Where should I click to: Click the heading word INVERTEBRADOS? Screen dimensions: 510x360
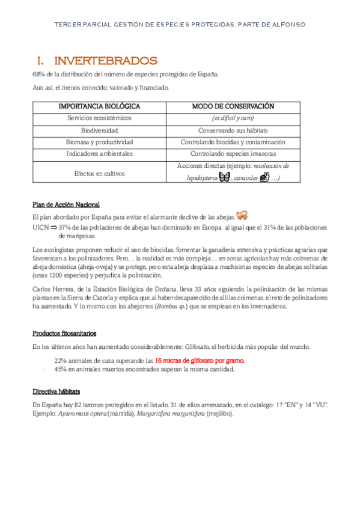click(x=106, y=61)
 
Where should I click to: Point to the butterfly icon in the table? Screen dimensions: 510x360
click(x=225, y=177)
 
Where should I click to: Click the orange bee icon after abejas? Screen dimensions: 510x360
click(x=242, y=215)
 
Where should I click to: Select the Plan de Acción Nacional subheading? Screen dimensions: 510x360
click(x=66, y=204)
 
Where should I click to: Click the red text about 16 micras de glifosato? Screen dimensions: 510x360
click(x=200, y=360)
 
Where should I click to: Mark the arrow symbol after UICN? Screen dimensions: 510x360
click(x=52, y=227)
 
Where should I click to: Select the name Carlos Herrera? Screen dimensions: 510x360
click(x=52, y=289)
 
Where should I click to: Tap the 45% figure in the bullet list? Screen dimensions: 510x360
click(x=60, y=369)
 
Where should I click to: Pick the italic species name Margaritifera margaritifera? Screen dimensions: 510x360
click(x=175, y=414)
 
